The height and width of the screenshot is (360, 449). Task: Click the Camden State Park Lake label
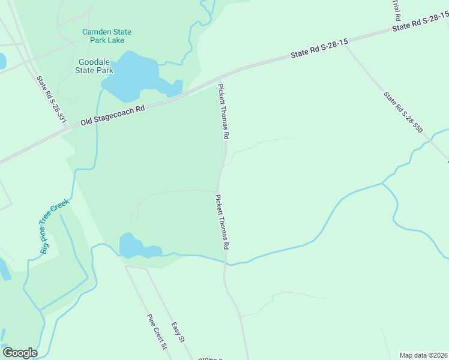click(x=107, y=36)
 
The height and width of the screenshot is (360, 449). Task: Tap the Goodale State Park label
click(x=95, y=66)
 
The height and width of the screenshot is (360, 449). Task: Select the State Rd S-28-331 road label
click(x=50, y=100)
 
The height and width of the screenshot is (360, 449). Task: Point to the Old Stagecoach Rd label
click(x=113, y=115)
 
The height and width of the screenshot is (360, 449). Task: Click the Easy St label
click(x=177, y=332)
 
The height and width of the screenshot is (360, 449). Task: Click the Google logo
click(x=20, y=352)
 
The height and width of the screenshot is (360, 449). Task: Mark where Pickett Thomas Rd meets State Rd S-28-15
click(x=220, y=78)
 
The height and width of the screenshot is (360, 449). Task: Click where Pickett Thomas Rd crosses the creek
click(x=226, y=263)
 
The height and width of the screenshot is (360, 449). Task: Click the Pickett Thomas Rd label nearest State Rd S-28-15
click(x=223, y=112)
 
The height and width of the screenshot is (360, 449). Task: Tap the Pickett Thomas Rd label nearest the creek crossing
click(x=223, y=221)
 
